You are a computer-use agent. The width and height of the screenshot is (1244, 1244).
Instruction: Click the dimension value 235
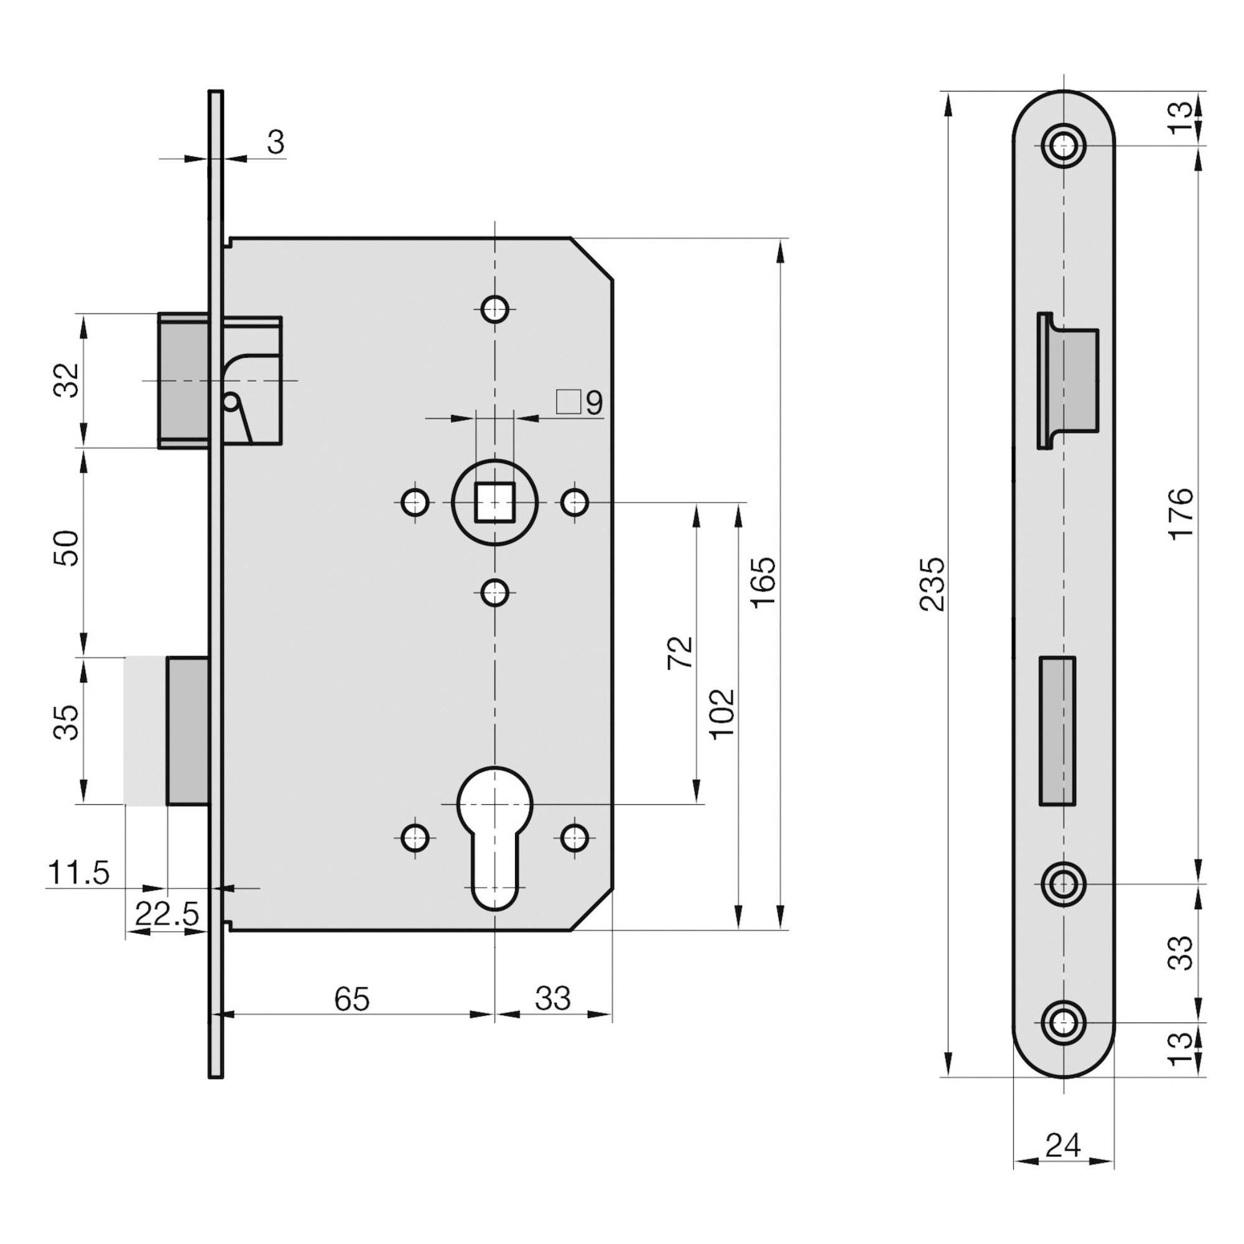(x=932, y=584)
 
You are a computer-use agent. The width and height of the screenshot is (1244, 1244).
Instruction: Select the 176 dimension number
(x=1182, y=514)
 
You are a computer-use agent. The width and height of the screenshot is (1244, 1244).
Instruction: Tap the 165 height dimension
(x=764, y=582)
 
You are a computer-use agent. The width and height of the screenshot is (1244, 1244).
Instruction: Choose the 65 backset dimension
(x=352, y=999)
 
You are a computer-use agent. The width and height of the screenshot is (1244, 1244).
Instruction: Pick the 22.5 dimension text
(x=167, y=914)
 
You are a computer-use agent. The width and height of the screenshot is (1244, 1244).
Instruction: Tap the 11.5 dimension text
(x=78, y=874)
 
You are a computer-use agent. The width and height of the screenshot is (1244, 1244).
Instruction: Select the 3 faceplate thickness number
(x=276, y=142)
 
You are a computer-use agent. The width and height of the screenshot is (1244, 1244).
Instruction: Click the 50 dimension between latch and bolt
(x=68, y=548)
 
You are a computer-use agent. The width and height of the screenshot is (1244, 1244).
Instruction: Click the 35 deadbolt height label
(x=68, y=722)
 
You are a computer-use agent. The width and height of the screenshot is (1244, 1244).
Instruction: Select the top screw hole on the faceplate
(x=1063, y=146)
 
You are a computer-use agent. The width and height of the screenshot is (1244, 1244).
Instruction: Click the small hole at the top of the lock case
(x=494, y=309)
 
